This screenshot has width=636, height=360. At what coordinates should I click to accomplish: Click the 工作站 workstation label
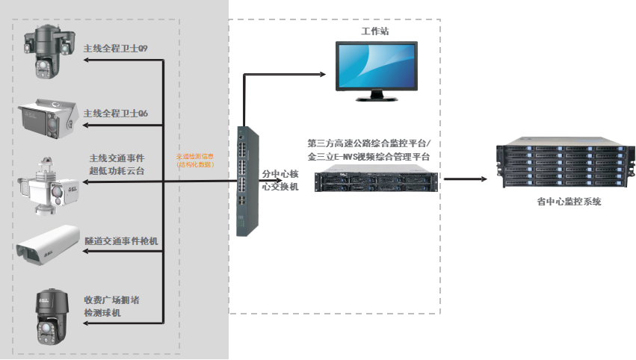click(x=374, y=32)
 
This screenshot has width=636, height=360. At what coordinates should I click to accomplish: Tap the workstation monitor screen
click(x=375, y=66)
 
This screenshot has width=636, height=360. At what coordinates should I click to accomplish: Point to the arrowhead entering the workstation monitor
click(x=322, y=74)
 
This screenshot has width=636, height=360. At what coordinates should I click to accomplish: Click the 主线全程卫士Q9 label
click(x=115, y=49)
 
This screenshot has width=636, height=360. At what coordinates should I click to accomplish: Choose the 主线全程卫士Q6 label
click(x=115, y=113)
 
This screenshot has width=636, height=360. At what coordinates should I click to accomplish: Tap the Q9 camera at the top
click(x=48, y=50)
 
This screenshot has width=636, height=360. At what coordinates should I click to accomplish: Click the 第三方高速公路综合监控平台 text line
click(x=369, y=143)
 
